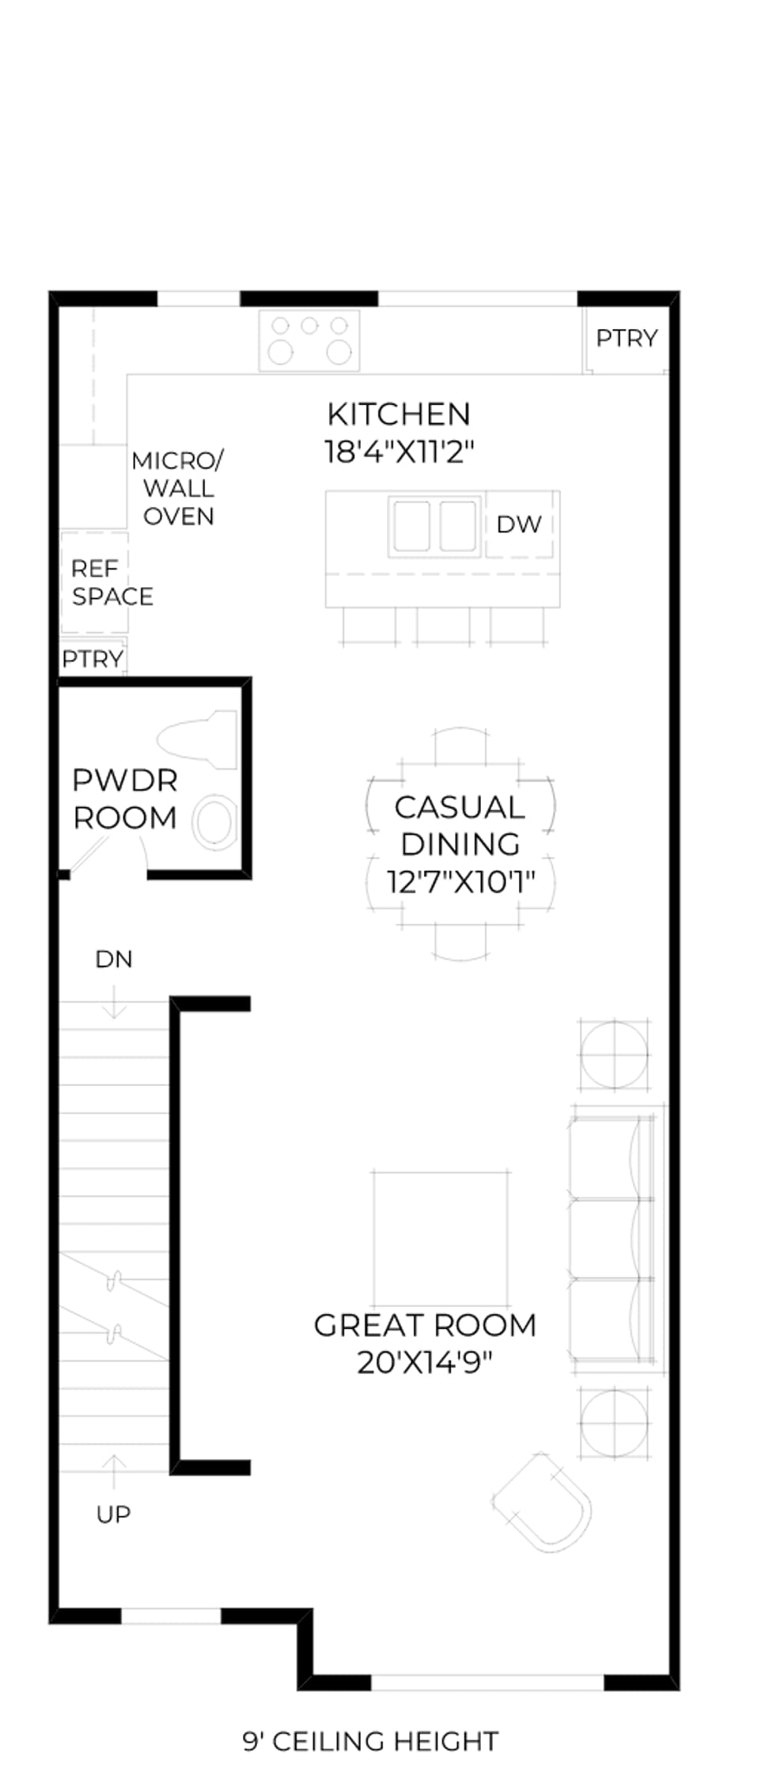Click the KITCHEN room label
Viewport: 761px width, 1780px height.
coord(399,415)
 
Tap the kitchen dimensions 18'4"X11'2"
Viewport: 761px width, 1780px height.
coord(399,452)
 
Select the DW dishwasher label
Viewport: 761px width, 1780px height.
coord(519,524)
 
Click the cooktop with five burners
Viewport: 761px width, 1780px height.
coord(309,340)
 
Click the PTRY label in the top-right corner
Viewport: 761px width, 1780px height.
coord(627,339)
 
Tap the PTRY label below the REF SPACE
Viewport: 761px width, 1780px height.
coord(93,659)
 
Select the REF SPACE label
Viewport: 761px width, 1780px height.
coord(112,582)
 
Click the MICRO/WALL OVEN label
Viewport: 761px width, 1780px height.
coord(178,488)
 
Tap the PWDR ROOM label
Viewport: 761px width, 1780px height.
coord(125,799)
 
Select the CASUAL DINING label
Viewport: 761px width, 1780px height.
coord(460,825)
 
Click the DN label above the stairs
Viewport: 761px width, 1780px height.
coord(114,959)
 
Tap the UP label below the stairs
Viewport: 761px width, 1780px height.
coord(113,1514)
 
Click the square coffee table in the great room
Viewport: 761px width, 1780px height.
coord(441,1238)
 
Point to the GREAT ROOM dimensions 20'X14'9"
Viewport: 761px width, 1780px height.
coord(425,1362)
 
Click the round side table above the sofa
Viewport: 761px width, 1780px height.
coord(615,1055)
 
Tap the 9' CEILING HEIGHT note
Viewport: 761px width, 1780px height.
coord(370,1741)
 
